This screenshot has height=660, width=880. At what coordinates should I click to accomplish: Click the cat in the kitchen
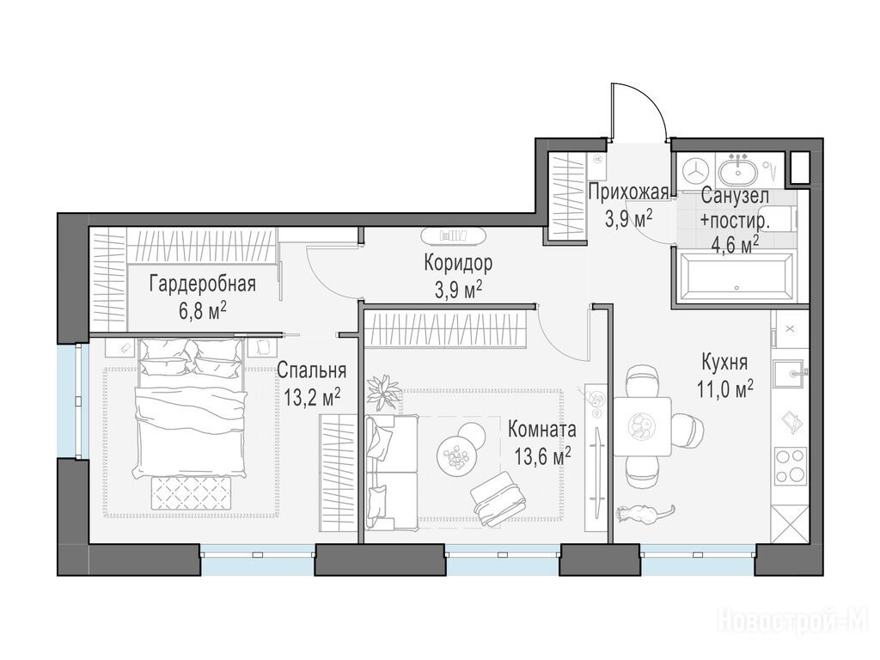[643, 513]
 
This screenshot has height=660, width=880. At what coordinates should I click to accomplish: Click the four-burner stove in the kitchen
[791, 466]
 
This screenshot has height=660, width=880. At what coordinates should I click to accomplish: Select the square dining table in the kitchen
[643, 426]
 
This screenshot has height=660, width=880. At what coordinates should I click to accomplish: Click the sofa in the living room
[390, 472]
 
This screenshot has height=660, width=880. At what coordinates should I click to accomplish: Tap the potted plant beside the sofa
[383, 391]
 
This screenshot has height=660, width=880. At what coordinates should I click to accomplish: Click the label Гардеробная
[203, 284]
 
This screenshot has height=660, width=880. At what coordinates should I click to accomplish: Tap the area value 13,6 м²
[543, 455]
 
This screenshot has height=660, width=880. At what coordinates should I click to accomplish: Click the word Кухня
[724, 363]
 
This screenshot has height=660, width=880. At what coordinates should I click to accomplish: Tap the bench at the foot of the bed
[191, 492]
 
